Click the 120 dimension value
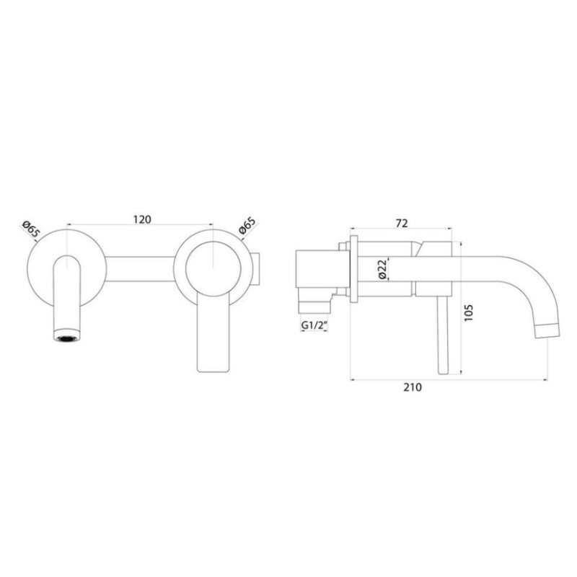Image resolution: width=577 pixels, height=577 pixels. coord(142,221)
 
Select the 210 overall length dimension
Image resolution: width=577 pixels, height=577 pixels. coord(412,387)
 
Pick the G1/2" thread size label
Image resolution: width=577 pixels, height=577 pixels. coord(314,325)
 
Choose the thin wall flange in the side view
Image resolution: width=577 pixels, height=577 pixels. coord(353,268)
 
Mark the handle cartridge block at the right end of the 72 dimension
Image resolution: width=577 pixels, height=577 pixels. coord(433,268)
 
